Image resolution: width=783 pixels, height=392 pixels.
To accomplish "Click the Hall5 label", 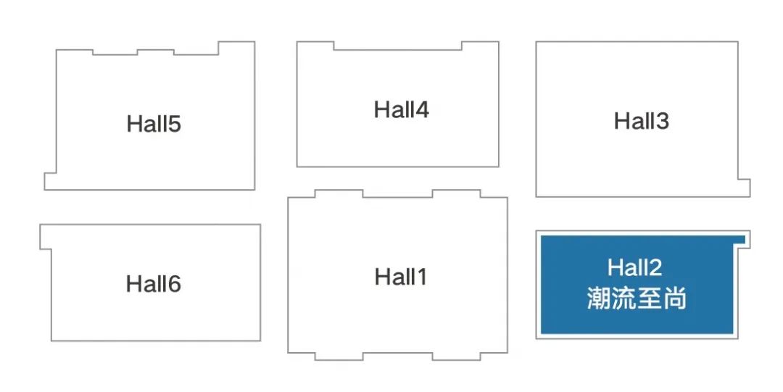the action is click(153, 124).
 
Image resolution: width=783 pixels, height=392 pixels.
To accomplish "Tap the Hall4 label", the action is click(402, 109).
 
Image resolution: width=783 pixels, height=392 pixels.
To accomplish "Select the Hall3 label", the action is click(641, 121).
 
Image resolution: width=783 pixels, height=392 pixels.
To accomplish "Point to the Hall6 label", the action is click(153, 283).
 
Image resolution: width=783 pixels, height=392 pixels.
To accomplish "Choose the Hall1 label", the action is click(401, 277).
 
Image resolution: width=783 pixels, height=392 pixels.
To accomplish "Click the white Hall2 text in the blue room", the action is click(634, 267).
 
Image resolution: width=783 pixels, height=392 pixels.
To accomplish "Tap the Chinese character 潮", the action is click(600, 298).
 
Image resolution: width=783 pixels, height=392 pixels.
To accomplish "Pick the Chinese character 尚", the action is click(674, 298).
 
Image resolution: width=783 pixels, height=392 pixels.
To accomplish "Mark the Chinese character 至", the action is click(649, 298).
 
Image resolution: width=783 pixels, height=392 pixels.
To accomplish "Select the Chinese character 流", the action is click(624, 298).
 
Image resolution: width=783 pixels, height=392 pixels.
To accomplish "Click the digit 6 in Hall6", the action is click(174, 284).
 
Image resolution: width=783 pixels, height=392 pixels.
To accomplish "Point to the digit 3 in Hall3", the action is click(662, 121).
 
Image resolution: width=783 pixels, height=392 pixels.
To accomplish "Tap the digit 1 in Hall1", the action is click(422, 277).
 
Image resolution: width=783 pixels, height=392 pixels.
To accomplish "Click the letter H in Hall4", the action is click(381, 109).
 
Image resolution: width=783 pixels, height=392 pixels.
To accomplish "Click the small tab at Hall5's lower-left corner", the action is click(51, 181).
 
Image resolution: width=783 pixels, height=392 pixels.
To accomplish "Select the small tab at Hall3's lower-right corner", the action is click(744, 188).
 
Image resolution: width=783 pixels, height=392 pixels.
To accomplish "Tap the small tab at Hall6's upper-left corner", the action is click(46, 237).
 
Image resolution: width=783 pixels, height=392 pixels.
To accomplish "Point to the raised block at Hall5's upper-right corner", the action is click(236, 49).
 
